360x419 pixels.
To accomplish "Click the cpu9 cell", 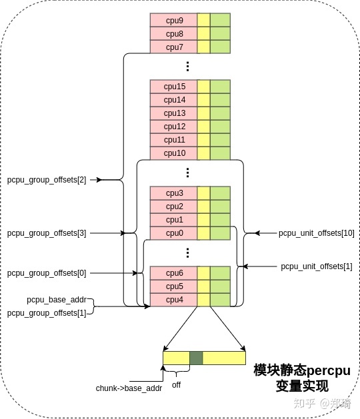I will click(173, 20).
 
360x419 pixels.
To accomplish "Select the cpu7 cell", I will click(173, 47).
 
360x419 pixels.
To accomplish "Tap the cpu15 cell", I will click(173, 87).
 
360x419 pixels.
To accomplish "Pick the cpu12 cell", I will click(173, 127).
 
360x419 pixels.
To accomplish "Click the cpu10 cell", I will click(173, 153).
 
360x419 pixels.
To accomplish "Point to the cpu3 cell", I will click(173, 193).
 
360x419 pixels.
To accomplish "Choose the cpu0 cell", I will click(173, 233).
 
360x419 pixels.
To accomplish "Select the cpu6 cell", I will click(173, 273).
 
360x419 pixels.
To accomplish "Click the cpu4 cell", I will click(173, 300).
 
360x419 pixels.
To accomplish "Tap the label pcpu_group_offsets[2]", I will click(47, 180).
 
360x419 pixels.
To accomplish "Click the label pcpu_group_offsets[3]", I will click(47, 233).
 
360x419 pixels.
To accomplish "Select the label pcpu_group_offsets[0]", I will click(47, 273).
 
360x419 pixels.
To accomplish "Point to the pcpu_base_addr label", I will click(57, 300).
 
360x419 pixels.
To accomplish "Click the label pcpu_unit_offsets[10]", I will click(317, 233).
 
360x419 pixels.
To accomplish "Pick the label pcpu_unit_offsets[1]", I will click(317, 266).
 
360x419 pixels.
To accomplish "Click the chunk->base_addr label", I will click(129, 388).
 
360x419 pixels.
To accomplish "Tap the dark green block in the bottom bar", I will click(196, 358).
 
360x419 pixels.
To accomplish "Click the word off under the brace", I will click(177, 385).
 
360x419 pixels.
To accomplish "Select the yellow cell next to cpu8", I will click(203, 33).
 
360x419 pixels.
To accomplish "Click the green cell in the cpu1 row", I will click(220, 220).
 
